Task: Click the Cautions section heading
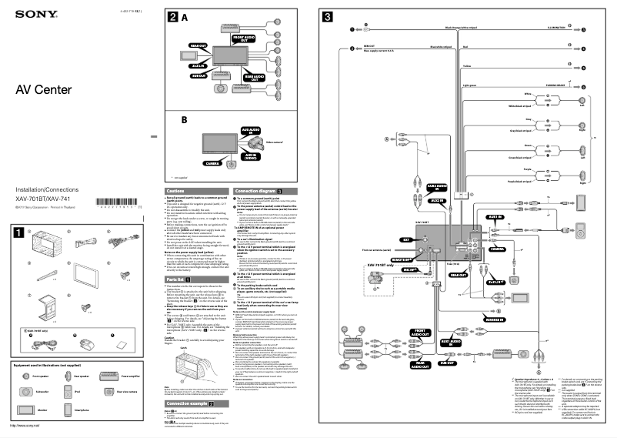click(176, 189)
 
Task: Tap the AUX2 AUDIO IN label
click(435, 187)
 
